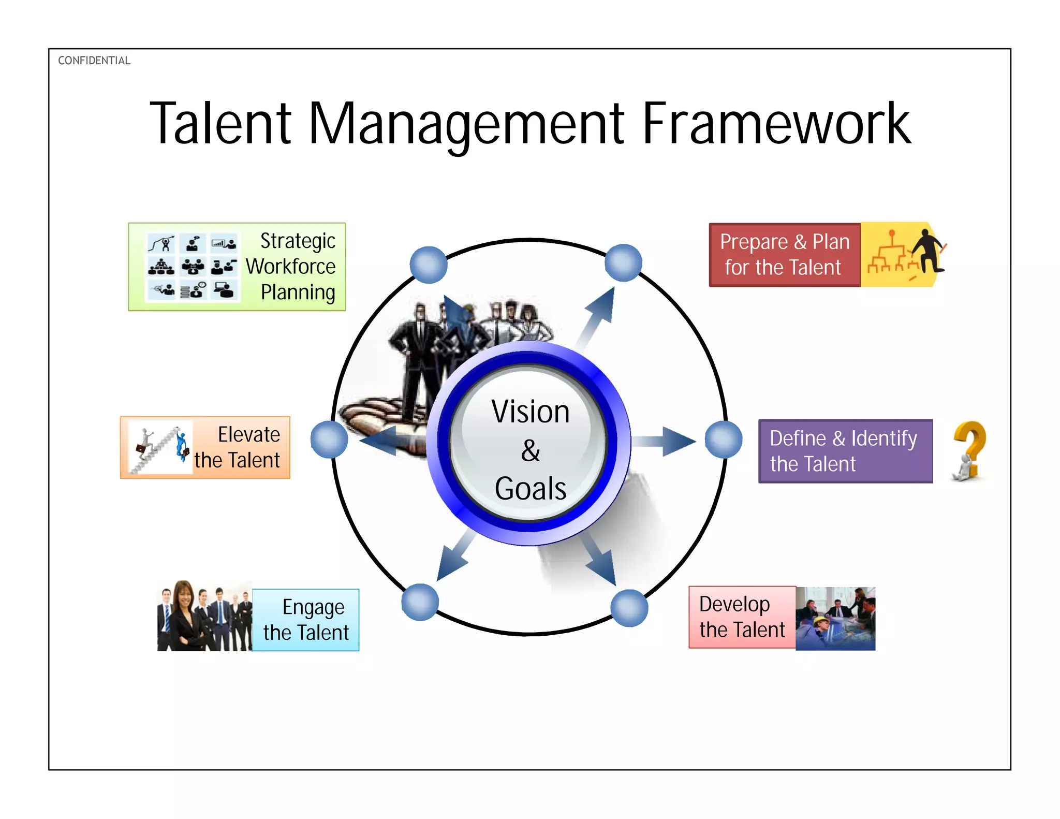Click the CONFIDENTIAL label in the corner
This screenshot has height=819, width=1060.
pyautogui.click(x=94, y=61)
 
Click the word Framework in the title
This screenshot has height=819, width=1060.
pyautogui.click(x=776, y=124)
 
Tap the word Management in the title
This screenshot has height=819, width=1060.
pyautogui.click(x=466, y=124)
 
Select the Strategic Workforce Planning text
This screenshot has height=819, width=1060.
pyautogui.click(x=292, y=267)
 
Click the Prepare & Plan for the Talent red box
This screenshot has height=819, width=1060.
pyautogui.click(x=785, y=255)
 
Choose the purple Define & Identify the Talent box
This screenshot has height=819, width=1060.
pyautogui.click(x=845, y=451)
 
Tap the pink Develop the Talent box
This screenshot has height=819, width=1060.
pyautogui.click(x=742, y=617)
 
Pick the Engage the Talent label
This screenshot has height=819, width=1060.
pyautogui.click(x=306, y=620)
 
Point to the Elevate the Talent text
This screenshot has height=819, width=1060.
pyautogui.click(x=238, y=447)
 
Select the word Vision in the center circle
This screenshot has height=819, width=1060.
pyautogui.click(x=531, y=412)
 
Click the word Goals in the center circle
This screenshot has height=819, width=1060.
pyautogui.click(x=531, y=488)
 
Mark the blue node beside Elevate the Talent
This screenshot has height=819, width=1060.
pyautogui.click(x=329, y=440)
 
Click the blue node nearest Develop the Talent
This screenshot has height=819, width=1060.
pyautogui.click(x=629, y=608)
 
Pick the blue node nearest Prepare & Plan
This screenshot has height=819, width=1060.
pyautogui.click(x=624, y=263)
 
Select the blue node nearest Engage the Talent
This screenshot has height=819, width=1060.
pyautogui.click(x=420, y=602)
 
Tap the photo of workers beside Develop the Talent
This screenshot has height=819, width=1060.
pyautogui.click(x=835, y=619)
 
